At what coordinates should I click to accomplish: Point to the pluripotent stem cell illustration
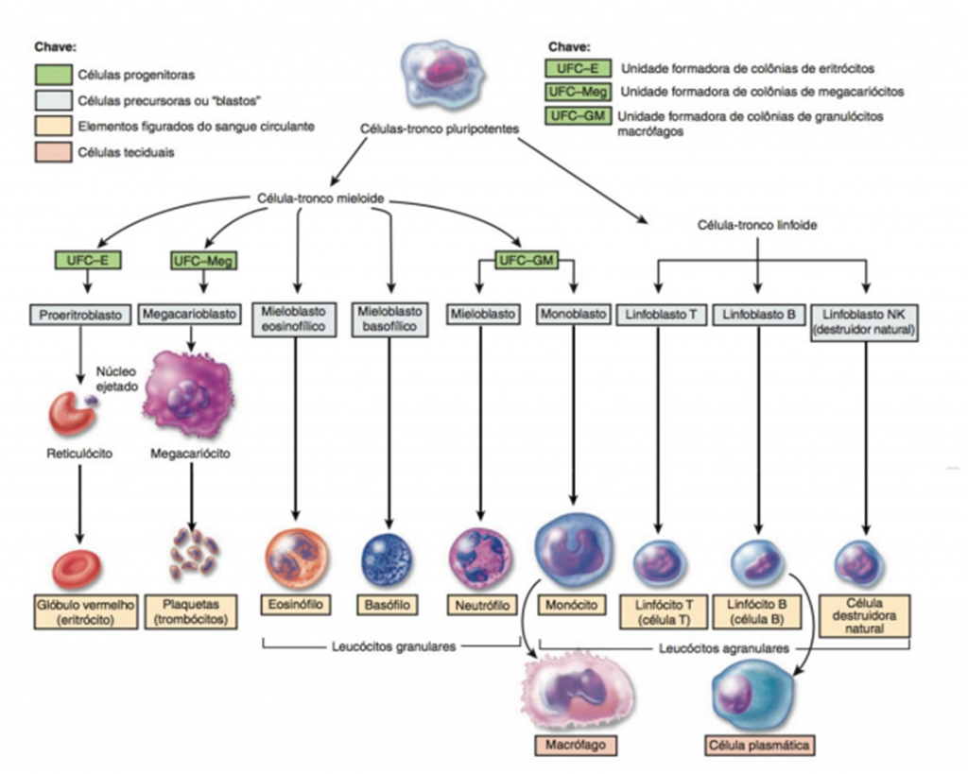[441, 77]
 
